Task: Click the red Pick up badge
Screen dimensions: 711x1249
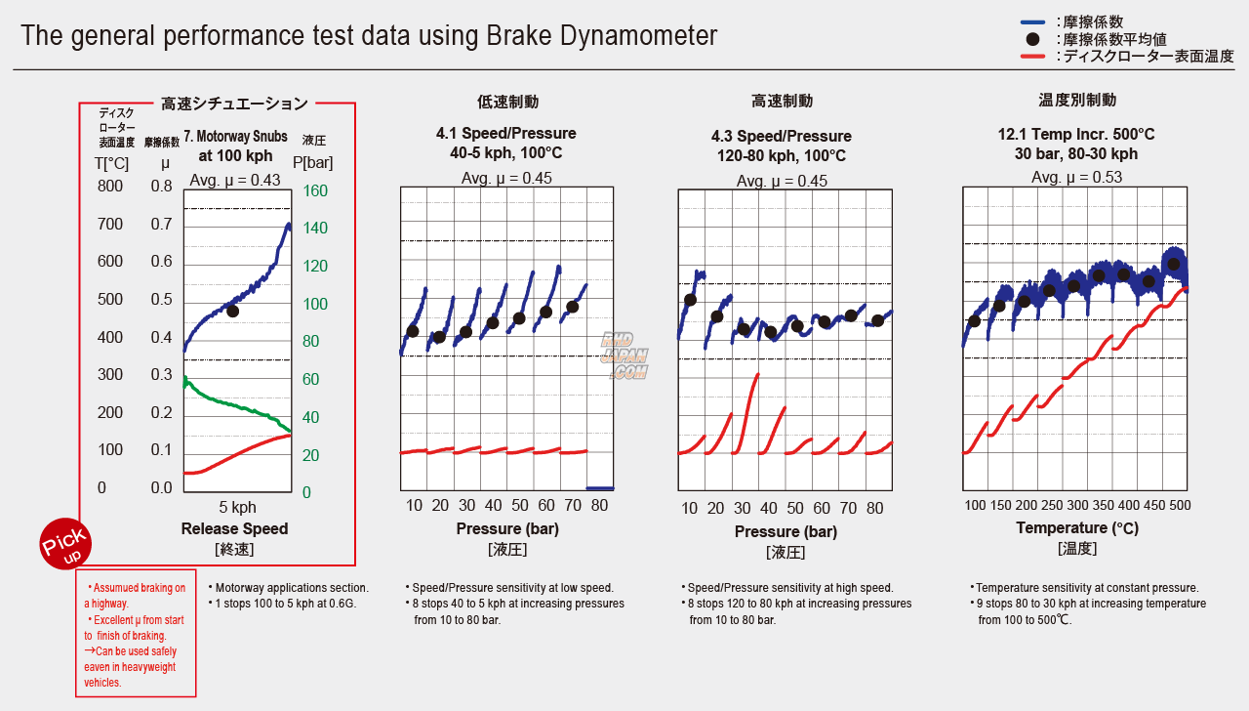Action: pyautogui.click(x=64, y=543)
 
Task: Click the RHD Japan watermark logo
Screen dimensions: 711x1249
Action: pyautogui.click(x=624, y=355)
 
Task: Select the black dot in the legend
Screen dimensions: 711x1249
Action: pyautogui.click(x=1033, y=39)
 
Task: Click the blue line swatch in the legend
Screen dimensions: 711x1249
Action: pyautogui.click(x=1033, y=21)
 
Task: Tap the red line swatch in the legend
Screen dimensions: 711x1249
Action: pyautogui.click(x=1033, y=57)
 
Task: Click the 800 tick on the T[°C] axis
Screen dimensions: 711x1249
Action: pyautogui.click(x=110, y=187)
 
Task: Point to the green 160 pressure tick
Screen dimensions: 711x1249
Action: pyautogui.click(x=315, y=190)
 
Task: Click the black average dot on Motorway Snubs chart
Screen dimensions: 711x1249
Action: pyautogui.click(x=232, y=311)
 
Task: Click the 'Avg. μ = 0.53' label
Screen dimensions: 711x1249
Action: pyautogui.click(x=1076, y=177)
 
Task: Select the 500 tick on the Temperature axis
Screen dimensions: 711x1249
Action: pyautogui.click(x=1180, y=505)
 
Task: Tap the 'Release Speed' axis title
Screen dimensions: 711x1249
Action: pyautogui.click(x=234, y=528)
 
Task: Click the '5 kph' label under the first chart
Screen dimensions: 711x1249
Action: pyautogui.click(x=237, y=507)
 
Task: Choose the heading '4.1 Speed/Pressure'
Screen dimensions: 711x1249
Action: pyautogui.click(x=505, y=134)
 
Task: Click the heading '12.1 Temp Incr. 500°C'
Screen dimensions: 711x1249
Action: pyautogui.click(x=1075, y=134)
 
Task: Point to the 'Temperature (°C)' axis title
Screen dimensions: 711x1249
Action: pyautogui.click(x=1076, y=527)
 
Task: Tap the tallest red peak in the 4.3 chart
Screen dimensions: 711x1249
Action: pyautogui.click(x=756, y=375)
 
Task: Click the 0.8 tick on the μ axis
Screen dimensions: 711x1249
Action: pyautogui.click(x=161, y=187)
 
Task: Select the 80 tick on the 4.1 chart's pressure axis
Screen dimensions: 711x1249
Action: pyautogui.click(x=599, y=505)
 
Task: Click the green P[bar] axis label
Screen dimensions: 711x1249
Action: pyautogui.click(x=312, y=162)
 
